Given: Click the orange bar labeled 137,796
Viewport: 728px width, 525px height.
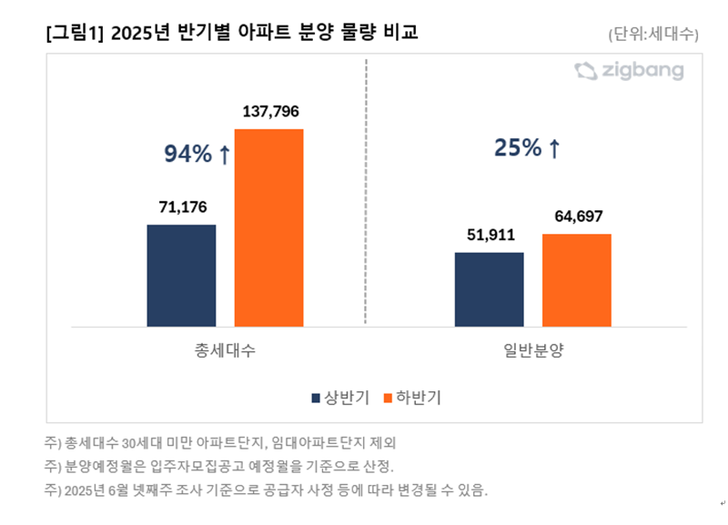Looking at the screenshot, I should [x=268, y=227].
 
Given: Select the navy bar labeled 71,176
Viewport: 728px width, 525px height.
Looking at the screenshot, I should [x=181, y=275].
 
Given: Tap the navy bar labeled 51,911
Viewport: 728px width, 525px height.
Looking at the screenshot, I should [x=489, y=288].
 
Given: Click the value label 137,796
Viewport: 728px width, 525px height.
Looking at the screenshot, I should [x=270, y=112].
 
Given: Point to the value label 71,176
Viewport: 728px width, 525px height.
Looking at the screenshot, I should [x=181, y=207].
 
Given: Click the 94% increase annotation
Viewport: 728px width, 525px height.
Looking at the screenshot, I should [x=197, y=156].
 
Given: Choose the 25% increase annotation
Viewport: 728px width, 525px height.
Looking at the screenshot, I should [x=527, y=148].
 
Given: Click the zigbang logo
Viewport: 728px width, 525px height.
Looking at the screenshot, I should [x=629, y=71].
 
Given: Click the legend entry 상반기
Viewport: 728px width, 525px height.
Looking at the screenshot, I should [x=340, y=398].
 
